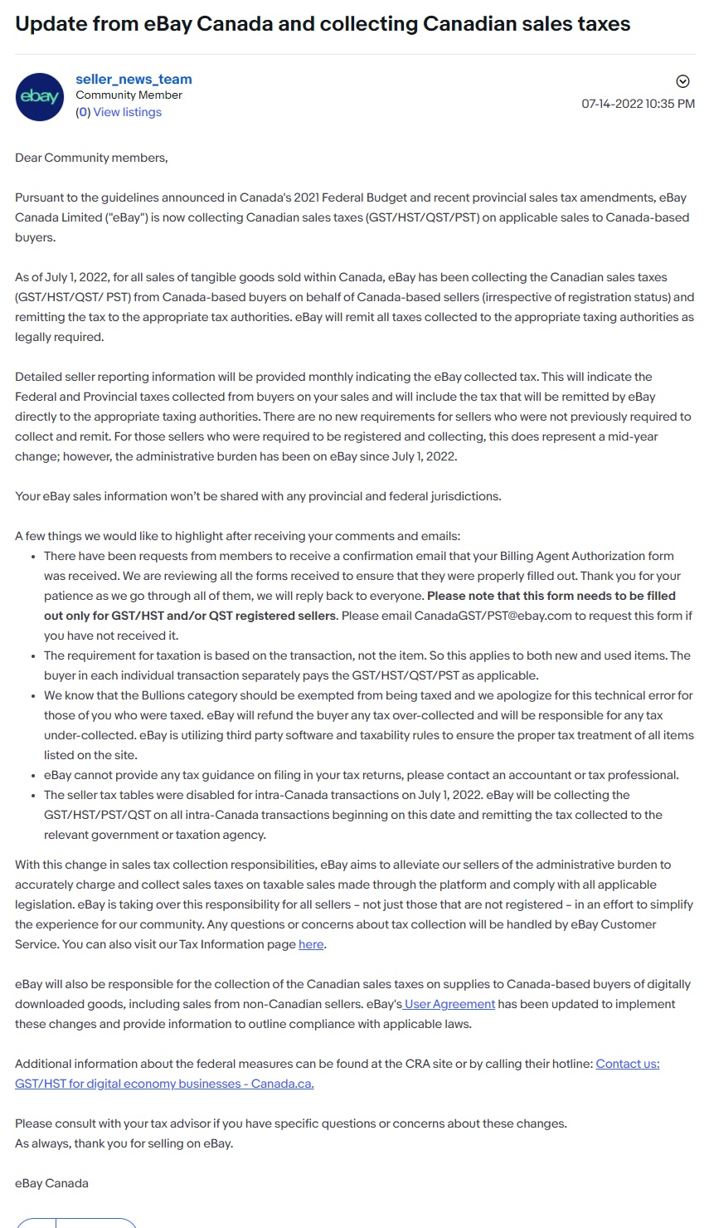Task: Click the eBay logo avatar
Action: coord(40,96)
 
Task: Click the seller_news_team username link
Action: coord(134,79)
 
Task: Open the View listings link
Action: coord(127,112)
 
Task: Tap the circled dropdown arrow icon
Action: coord(682,80)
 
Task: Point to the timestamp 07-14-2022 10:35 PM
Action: coord(638,104)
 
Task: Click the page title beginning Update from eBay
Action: coord(323,23)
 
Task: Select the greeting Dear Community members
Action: coord(91,158)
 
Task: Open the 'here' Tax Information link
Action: coord(311,944)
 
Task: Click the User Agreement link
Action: coord(450,1004)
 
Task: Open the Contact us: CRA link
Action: coord(628,1064)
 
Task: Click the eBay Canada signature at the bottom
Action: coord(51,1183)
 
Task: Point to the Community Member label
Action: coord(129,95)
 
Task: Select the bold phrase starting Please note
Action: coord(551,596)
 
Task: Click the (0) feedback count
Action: coord(83,112)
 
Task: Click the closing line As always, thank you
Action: coord(124,1143)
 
